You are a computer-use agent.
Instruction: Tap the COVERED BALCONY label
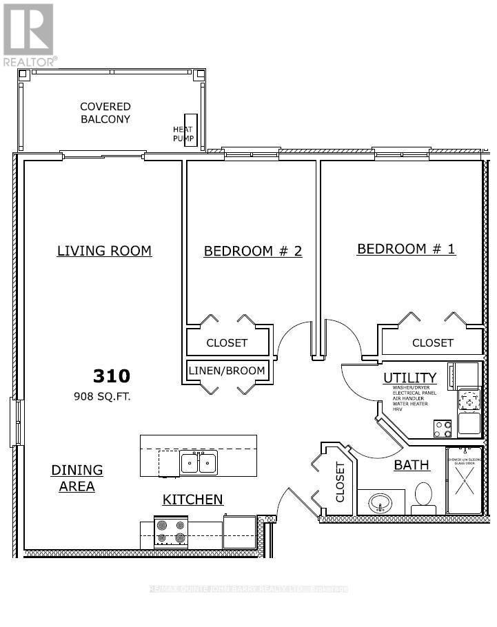point(105,113)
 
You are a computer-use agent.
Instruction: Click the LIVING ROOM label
point(104,251)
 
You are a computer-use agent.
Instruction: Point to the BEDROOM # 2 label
point(252,251)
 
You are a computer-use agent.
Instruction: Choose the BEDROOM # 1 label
point(405,249)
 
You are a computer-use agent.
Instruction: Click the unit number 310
point(111,376)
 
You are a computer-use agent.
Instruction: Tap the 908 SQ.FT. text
point(102,397)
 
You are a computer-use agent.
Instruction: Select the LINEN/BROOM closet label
point(227,371)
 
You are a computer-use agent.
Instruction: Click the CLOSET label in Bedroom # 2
point(227,342)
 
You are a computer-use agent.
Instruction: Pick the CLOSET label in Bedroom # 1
point(432,342)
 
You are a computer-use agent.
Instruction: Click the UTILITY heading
point(409,378)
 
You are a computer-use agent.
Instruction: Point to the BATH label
point(412,465)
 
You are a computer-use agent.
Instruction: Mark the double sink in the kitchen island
point(199,462)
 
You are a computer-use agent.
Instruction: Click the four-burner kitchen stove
point(170,532)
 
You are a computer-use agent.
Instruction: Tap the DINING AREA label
point(77,478)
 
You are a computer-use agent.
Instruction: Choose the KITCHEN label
point(192,500)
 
